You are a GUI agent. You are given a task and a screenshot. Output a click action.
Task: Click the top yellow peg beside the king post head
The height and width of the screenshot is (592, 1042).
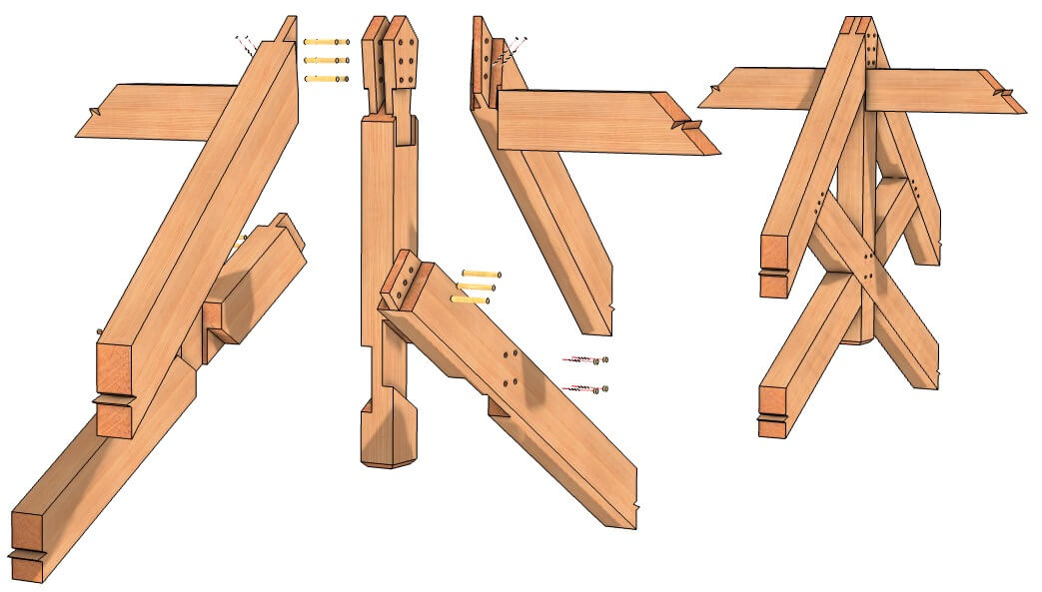coord(327,42)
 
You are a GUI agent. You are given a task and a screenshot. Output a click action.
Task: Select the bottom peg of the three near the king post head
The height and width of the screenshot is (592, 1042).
coord(327,78)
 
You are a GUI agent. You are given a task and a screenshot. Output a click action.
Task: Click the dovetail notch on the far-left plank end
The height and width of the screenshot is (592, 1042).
coord(91,112)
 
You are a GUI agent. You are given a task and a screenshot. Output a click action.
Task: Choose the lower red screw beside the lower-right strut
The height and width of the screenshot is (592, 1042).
coord(585,388)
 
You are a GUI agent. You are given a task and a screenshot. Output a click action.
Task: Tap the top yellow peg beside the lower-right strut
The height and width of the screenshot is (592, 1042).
coord(480,274)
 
